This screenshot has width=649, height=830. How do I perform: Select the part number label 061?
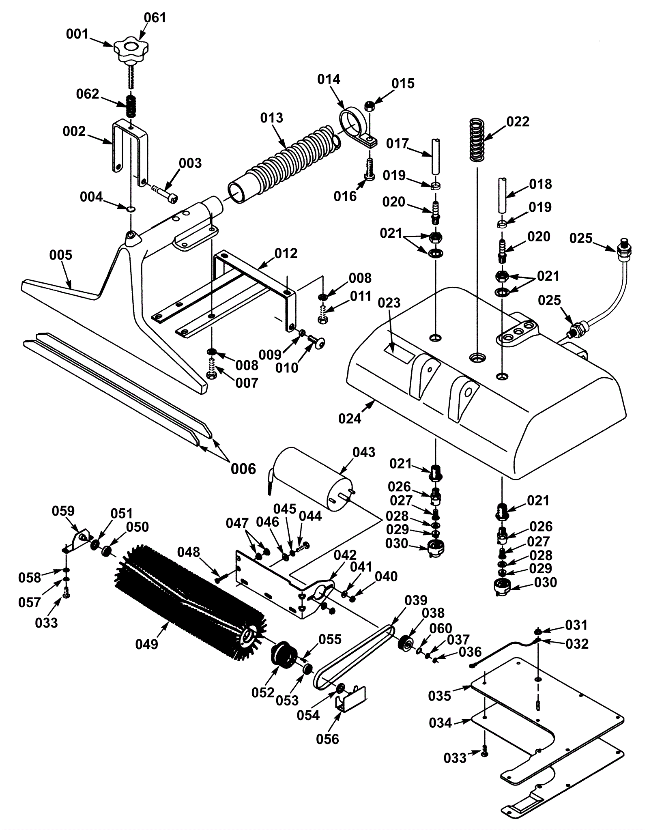(155, 18)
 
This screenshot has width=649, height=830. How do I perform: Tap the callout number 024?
(350, 418)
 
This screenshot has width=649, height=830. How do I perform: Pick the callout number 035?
(440, 696)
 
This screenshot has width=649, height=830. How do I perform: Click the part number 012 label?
(286, 254)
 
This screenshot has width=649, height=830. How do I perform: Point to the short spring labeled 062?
(130, 107)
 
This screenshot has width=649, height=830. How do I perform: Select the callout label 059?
(63, 511)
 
